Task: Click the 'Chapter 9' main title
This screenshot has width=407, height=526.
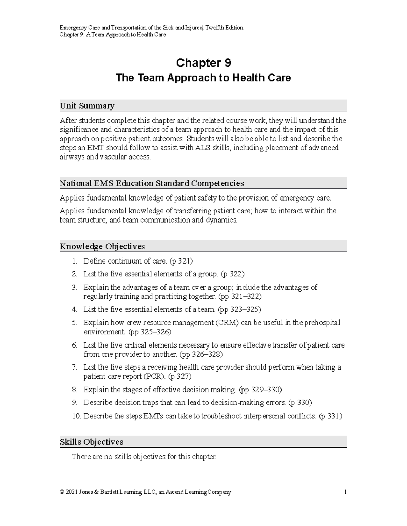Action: click(203, 63)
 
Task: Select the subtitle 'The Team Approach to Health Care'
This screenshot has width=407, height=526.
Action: click(203, 78)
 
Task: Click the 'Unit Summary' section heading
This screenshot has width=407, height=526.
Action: click(87, 106)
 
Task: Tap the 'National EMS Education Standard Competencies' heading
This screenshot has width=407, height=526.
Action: click(152, 183)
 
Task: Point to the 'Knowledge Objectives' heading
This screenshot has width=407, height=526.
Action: click(102, 246)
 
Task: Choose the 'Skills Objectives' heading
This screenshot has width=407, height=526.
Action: click(91, 442)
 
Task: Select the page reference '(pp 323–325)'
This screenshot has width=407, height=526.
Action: click(239, 309)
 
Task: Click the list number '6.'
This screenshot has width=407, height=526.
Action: click(75, 345)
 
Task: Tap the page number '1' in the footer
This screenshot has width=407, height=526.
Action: click(345, 492)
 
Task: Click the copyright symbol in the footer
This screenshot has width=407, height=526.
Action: click(61, 492)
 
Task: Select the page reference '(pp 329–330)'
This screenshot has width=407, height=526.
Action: click(260, 390)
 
